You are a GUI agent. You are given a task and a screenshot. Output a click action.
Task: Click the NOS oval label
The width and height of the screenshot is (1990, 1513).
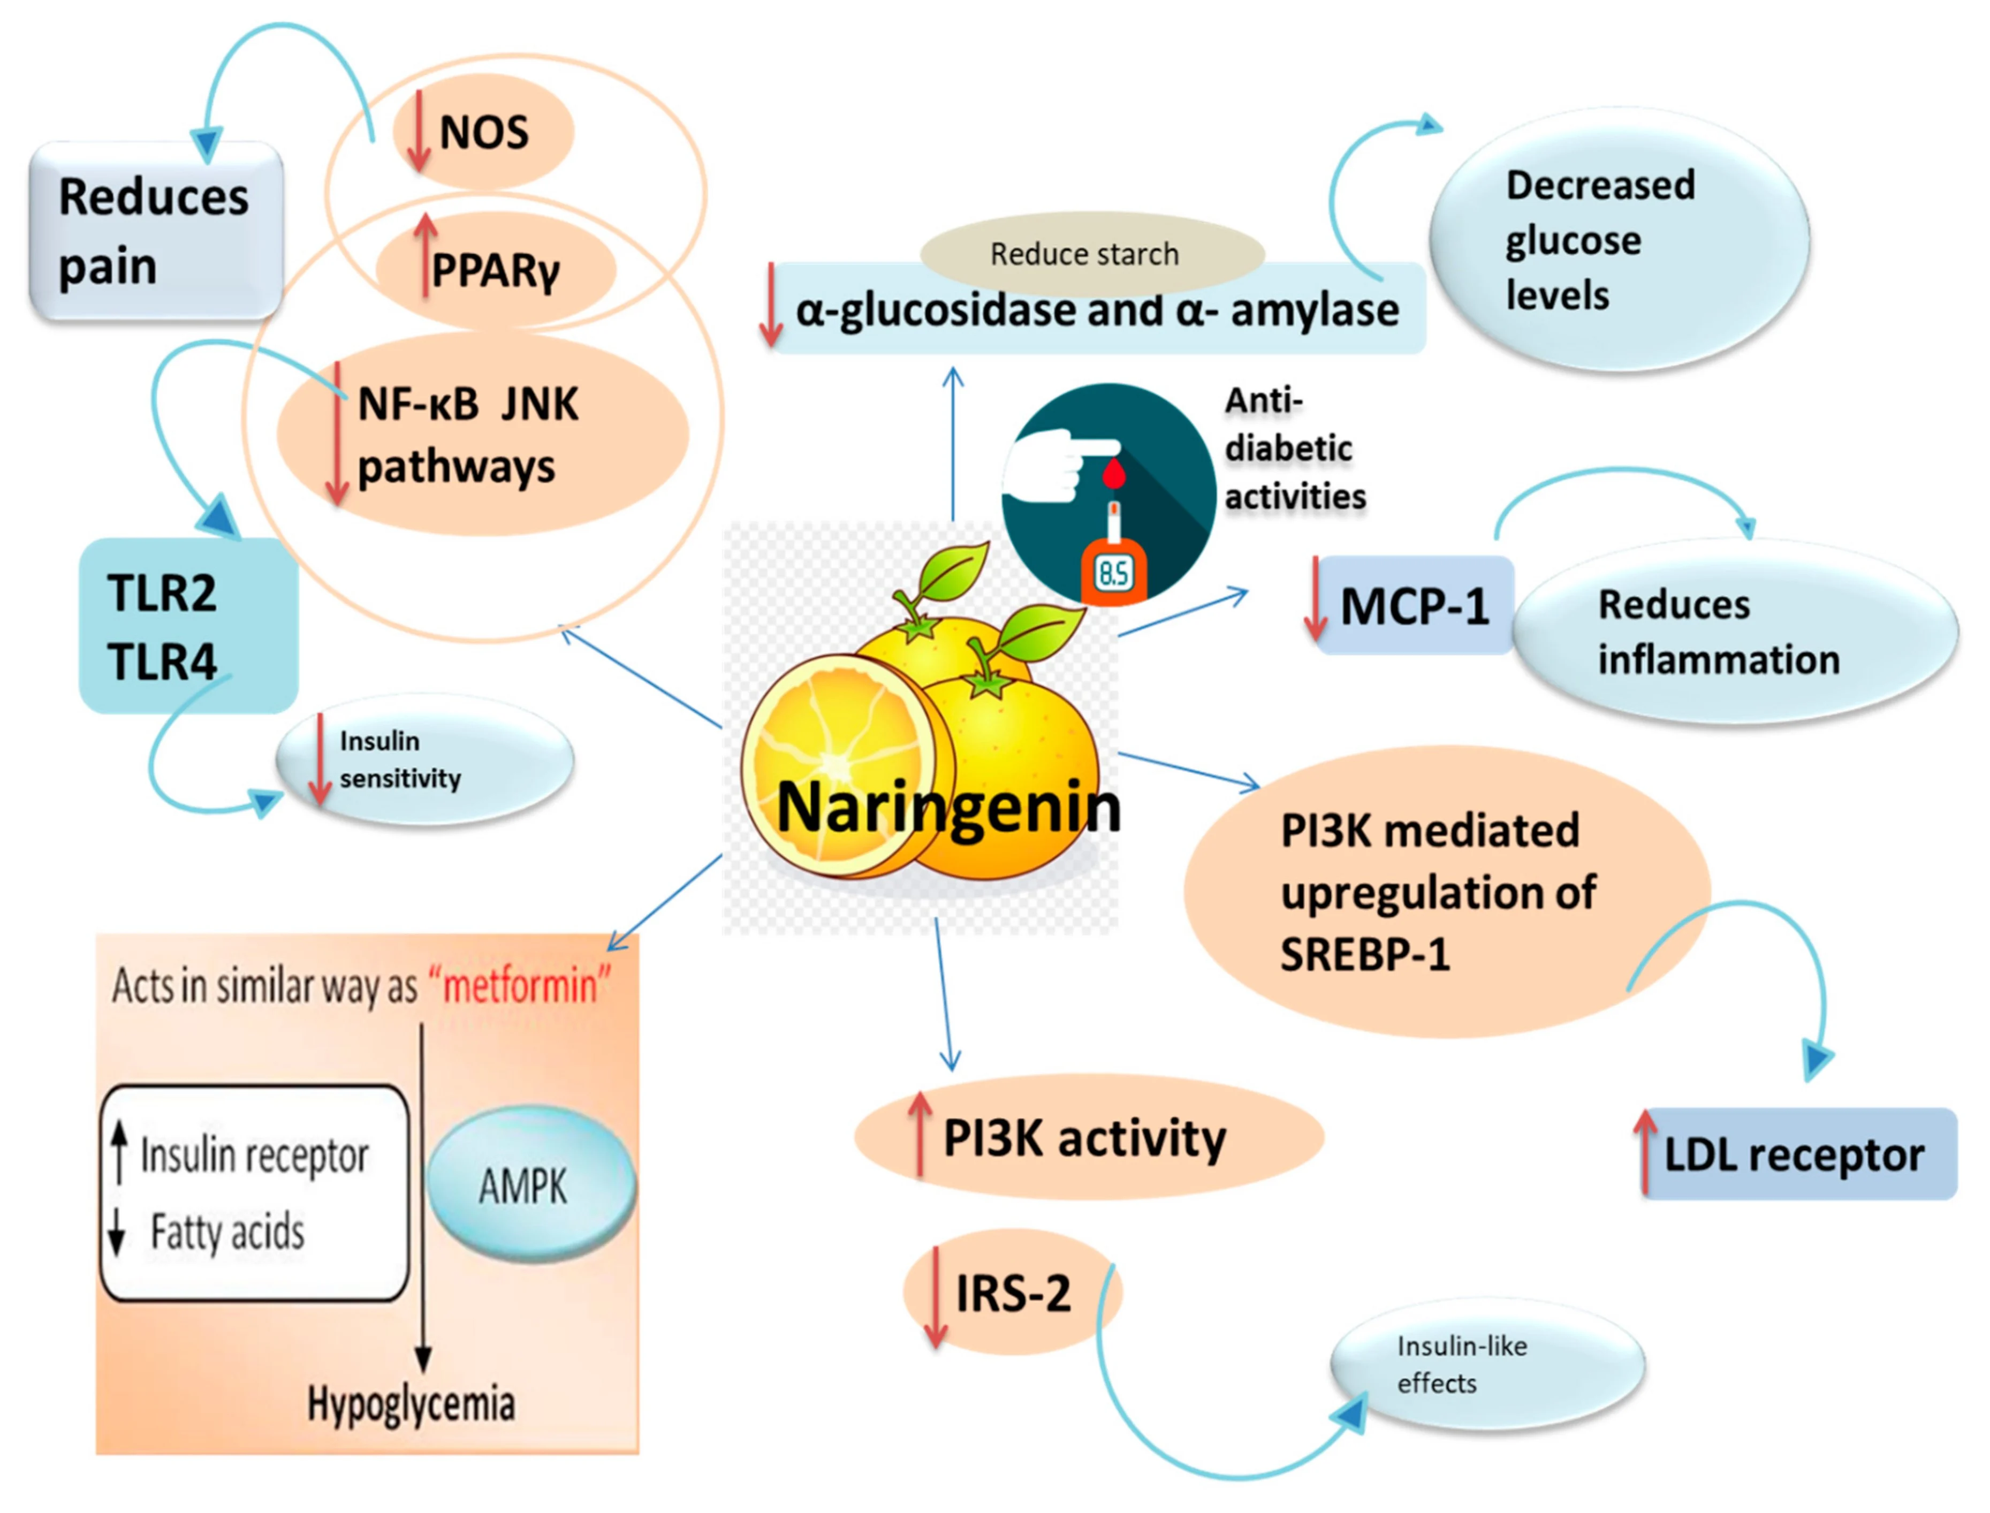click(483, 132)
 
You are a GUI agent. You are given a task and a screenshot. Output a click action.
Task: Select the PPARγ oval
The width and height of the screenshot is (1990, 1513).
click(495, 268)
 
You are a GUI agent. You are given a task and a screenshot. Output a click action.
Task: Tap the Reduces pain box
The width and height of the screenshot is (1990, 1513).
click(155, 231)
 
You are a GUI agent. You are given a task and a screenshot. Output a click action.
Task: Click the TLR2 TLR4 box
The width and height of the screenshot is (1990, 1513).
click(187, 626)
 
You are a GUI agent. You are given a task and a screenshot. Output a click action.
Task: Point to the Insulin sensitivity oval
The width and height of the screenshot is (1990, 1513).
click(423, 759)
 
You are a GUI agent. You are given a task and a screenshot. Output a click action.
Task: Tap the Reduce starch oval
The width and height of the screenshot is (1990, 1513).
click(1091, 254)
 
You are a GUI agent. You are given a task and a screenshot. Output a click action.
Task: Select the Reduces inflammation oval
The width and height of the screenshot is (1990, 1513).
click(1734, 632)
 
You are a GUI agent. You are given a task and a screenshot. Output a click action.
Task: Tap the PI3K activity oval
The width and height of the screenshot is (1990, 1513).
click(1088, 1137)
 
